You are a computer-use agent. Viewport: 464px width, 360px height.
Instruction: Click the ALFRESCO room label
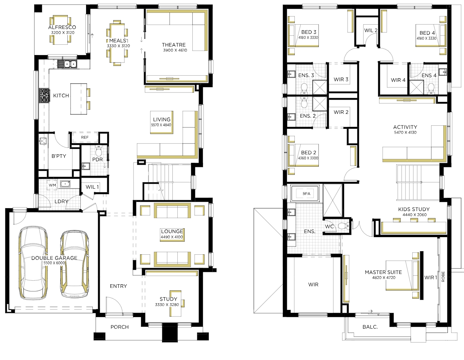[62, 27]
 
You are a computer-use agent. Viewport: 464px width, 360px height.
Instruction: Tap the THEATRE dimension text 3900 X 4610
[175, 50]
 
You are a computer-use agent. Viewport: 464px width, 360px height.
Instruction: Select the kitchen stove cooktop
[44, 95]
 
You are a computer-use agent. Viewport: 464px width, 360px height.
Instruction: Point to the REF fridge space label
[85, 137]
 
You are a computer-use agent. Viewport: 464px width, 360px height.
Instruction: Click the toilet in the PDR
[99, 151]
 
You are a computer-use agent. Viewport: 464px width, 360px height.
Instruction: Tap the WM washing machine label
[52, 185]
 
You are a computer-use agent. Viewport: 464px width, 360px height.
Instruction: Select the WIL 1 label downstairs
[92, 187]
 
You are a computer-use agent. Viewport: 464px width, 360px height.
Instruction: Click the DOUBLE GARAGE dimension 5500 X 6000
[54, 263]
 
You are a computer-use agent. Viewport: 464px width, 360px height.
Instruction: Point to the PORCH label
[120, 327]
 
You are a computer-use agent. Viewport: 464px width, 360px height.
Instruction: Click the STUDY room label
[168, 299]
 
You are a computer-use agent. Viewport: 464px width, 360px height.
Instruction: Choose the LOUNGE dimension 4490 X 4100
[172, 237]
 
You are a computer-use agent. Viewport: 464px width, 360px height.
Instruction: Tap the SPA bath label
[306, 194]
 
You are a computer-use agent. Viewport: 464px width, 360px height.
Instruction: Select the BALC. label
[370, 327]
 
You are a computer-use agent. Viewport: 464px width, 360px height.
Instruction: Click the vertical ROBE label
[443, 277]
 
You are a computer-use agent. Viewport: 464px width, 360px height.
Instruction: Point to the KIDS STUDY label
[414, 209]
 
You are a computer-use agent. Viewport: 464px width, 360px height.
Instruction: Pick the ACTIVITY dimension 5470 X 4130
[405, 132]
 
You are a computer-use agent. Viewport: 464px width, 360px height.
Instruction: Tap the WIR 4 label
[398, 80]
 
